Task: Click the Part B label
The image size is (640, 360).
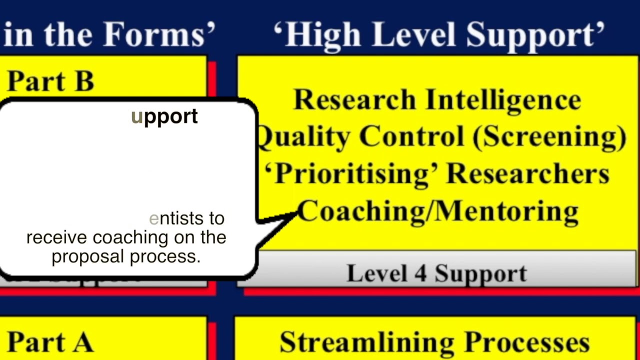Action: click(x=50, y=81)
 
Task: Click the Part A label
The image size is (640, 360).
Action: click(x=50, y=342)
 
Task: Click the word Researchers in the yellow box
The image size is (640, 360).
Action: click(x=527, y=173)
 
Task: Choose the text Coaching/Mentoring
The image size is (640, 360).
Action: click(x=438, y=210)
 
